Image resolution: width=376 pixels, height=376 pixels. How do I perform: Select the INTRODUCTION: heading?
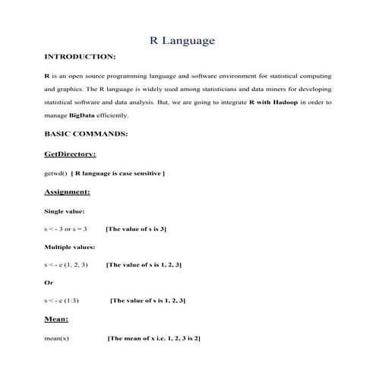(x=81, y=57)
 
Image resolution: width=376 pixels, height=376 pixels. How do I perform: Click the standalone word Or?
(x=49, y=283)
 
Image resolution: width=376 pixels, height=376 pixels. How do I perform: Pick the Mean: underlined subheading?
(x=56, y=320)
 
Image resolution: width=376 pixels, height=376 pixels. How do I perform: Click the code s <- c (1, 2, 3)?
(x=67, y=265)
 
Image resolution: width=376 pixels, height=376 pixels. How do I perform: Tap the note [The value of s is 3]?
(x=136, y=229)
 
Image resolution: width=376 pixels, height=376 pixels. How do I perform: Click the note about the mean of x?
(x=154, y=338)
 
